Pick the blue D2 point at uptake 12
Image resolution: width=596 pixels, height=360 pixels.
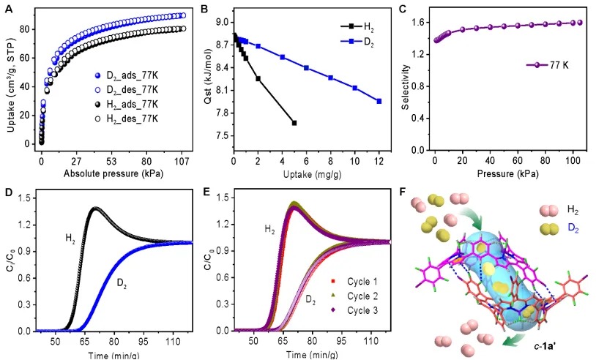point(379,101)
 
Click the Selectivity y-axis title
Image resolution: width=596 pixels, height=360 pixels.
point(401,81)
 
